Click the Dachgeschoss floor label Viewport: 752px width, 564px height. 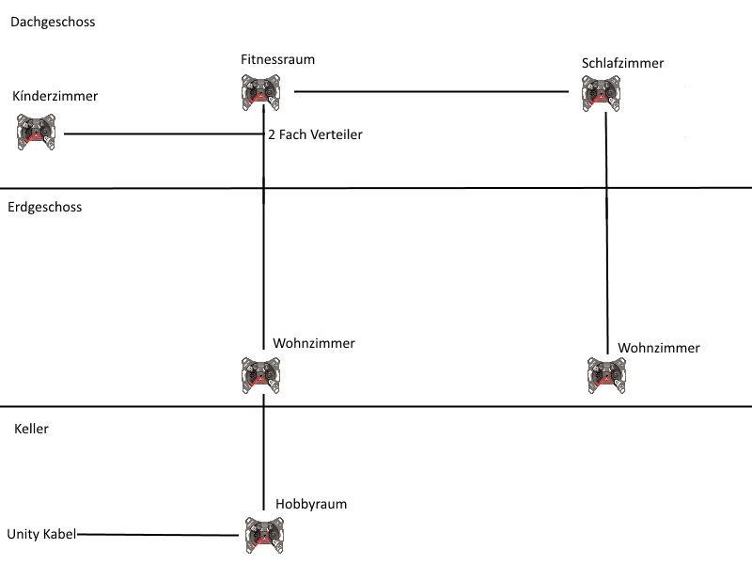coord(53,22)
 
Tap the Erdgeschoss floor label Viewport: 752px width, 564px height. coord(45,207)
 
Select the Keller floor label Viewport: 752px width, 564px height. coord(32,429)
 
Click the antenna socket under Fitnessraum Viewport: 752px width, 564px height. coord(258,92)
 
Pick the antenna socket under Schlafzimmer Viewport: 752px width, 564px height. coord(601,94)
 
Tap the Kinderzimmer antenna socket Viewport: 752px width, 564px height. coord(37,132)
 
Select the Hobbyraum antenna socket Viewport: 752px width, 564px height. coord(263,534)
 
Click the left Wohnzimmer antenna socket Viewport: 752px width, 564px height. coord(260,374)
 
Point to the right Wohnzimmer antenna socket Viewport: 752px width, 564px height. coord(606,374)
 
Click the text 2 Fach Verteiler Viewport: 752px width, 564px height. coord(315,135)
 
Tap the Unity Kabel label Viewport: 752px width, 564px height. coord(41,534)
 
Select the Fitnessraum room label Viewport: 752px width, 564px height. coord(277,59)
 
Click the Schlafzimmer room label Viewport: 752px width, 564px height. coord(623,63)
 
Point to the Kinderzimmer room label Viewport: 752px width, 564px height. coord(55,96)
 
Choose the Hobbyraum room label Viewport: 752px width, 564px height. coord(311,504)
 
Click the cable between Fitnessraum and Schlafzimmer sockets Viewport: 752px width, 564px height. coord(432,92)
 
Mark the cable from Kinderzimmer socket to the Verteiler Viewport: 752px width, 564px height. coord(160,134)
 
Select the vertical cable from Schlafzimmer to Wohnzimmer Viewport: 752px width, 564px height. coord(606,235)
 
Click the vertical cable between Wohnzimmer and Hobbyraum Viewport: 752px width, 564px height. coord(263,451)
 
